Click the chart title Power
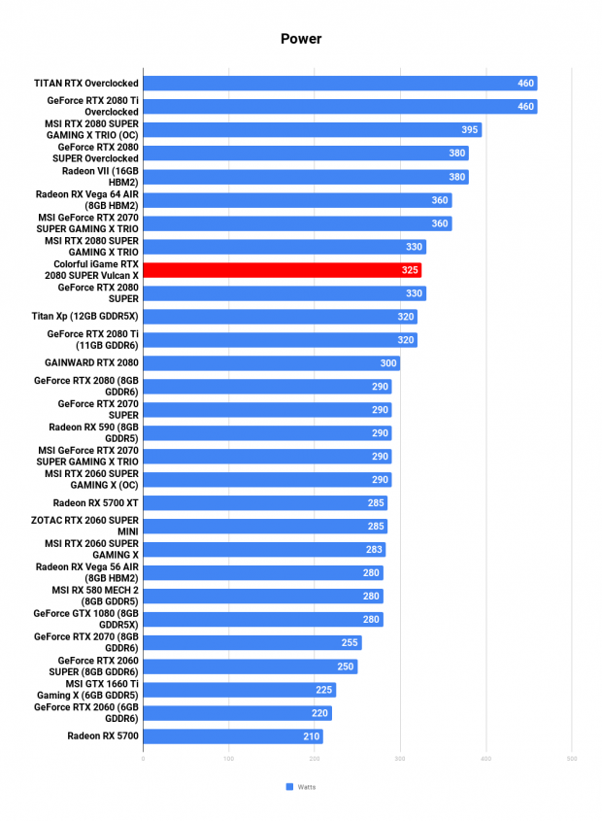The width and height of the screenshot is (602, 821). point(301,39)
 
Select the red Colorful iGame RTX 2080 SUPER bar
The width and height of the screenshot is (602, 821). point(283,270)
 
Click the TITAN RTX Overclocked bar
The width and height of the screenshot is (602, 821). point(340,84)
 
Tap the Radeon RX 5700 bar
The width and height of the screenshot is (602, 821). point(233,736)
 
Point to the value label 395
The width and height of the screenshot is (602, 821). point(470,130)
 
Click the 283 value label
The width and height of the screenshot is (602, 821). point(374,550)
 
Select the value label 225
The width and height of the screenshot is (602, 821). point(323,690)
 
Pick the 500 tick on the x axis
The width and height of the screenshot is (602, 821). point(572,758)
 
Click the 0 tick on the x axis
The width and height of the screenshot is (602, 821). point(143,758)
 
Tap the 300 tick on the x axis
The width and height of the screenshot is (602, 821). point(400,758)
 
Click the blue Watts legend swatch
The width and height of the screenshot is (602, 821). point(289,787)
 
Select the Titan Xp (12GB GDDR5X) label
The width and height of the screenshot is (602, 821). point(84,316)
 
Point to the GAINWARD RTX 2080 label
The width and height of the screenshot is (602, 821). point(91,362)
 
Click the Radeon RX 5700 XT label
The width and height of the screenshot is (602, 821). point(96,503)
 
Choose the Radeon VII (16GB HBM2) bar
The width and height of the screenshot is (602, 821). point(306,177)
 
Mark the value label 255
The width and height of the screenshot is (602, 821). point(350,643)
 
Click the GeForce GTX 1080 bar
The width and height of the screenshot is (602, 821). point(263,620)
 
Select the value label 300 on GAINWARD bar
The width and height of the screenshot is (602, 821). point(387,363)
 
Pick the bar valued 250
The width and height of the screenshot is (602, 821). point(251,667)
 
